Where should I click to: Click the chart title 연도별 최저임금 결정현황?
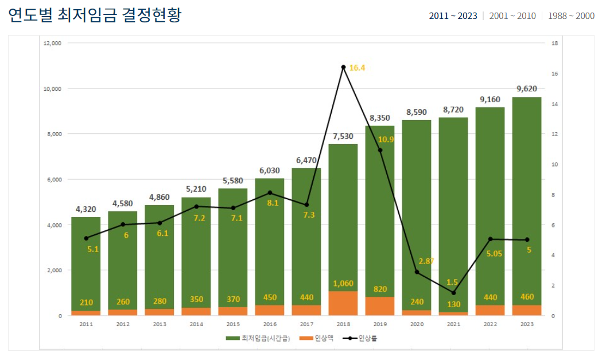coord(95,15)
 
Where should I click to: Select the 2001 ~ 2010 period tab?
coord(512,16)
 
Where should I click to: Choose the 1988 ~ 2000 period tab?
coord(571,16)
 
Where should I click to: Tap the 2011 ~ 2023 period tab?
coord(453,16)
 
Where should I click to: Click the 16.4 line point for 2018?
coord(343,67)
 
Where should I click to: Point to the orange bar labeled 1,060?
coord(343,303)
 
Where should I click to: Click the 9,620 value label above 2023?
coord(526,88)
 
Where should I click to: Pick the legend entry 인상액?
coord(317,338)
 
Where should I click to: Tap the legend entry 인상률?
coord(360,338)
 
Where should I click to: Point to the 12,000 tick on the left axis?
coord(52,43)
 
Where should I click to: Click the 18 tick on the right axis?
coord(554,43)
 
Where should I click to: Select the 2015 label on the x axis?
coord(232,324)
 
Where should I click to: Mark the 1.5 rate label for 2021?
coord(452,282)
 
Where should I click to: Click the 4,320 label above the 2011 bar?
coord(86,209)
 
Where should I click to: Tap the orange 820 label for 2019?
coord(380,289)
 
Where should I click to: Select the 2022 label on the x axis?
coord(490,324)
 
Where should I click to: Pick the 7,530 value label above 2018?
coord(343,136)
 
